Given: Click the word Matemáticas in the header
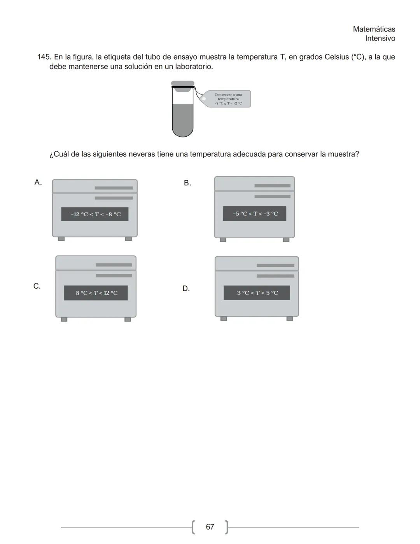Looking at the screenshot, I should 374,29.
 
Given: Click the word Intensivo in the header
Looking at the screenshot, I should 380,39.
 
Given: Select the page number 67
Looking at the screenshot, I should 210,527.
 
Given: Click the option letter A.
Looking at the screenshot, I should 38,182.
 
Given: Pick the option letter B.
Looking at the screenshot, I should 187,183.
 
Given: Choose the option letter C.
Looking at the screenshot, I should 37,286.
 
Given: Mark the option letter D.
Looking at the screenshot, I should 186,289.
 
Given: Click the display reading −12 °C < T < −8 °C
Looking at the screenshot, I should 95,214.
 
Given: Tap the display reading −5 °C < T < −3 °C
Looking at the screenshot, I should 255,214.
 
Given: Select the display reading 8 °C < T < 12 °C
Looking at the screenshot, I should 96,293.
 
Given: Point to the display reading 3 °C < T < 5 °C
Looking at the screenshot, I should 257,293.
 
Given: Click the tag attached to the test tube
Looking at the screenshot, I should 228,99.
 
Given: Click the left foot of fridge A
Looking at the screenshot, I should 61,239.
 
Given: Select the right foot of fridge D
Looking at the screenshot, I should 290,319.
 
